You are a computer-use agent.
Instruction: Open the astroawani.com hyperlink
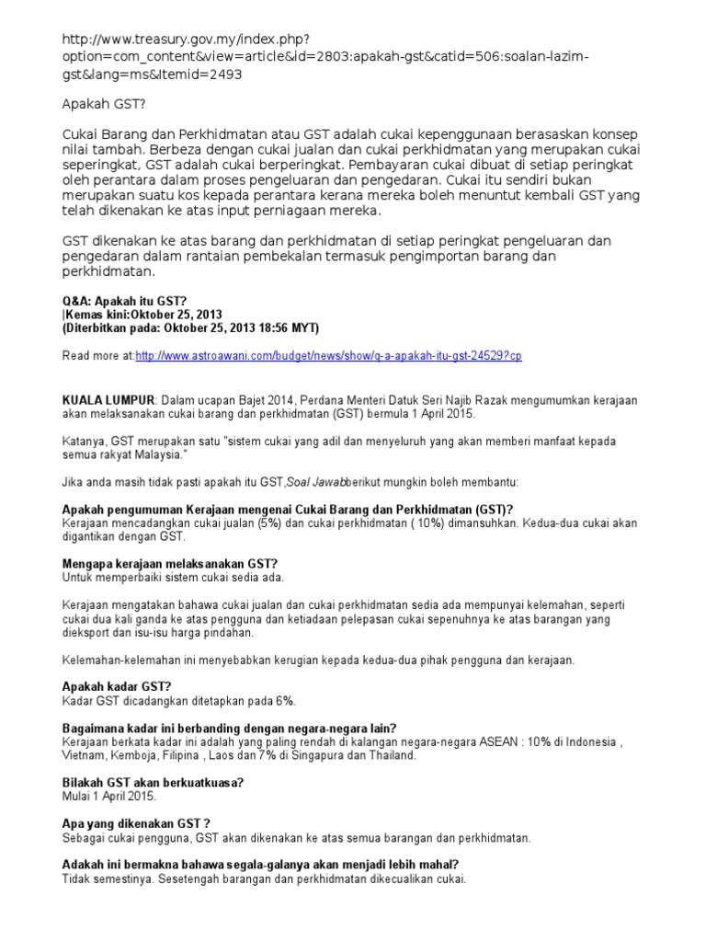pyautogui.click(x=328, y=355)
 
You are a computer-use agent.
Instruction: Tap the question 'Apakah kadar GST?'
pyautogui.click(x=116, y=685)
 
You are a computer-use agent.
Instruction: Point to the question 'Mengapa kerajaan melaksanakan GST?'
pyautogui.click(x=169, y=563)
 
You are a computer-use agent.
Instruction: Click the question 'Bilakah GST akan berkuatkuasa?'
pyautogui.click(x=152, y=782)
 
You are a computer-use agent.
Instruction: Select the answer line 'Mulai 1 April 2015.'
pyautogui.click(x=109, y=796)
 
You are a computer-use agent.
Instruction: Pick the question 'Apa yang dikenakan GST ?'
pyautogui.click(x=136, y=824)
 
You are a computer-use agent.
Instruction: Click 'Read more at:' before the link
pyautogui.click(x=98, y=355)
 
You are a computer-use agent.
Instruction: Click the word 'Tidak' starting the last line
pyautogui.click(x=78, y=879)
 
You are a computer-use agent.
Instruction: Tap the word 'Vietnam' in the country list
pyautogui.click(x=84, y=755)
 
